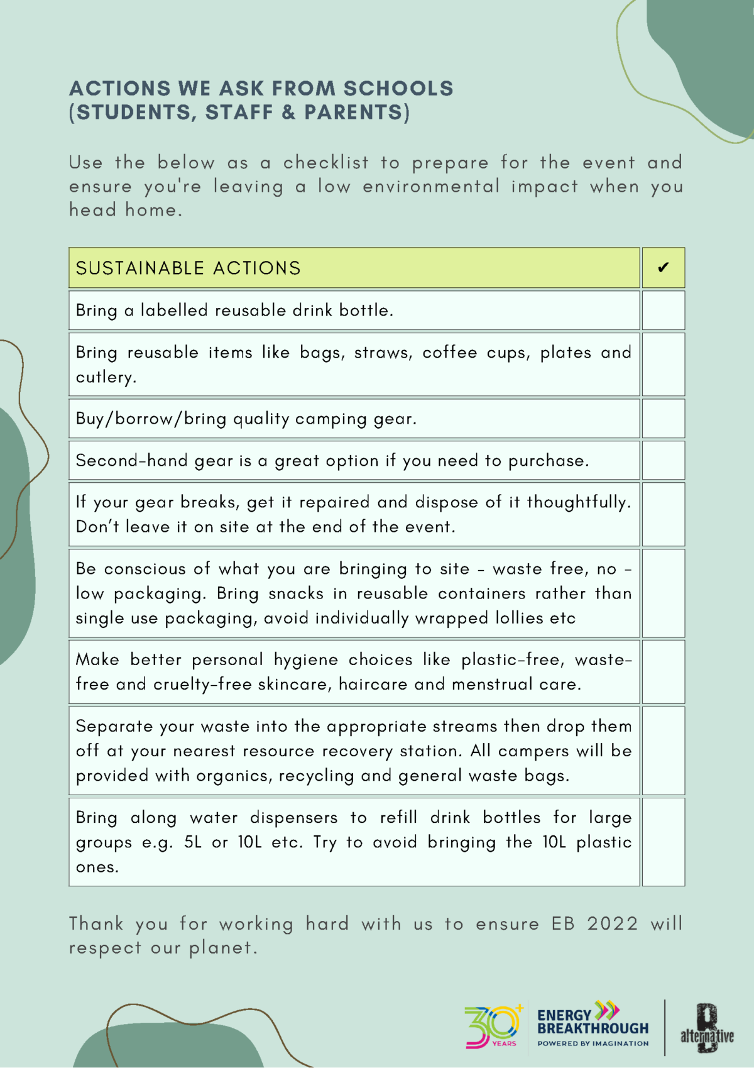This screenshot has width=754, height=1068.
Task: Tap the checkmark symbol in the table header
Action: click(663, 268)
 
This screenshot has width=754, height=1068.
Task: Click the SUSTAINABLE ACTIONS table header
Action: click(188, 268)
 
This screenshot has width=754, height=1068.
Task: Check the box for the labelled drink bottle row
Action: click(663, 310)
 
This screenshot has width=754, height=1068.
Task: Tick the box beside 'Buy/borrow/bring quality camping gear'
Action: click(663, 419)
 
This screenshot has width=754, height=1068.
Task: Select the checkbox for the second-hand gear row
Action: click(663, 460)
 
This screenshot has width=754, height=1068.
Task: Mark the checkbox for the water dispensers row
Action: click(663, 842)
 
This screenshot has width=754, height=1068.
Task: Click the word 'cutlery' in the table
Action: click(105, 377)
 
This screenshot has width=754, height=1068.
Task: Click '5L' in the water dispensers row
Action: click(193, 842)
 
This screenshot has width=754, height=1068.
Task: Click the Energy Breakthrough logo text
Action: click(592, 1023)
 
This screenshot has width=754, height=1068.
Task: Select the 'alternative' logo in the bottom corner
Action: click(707, 1031)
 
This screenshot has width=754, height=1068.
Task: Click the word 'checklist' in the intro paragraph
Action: click(325, 163)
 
